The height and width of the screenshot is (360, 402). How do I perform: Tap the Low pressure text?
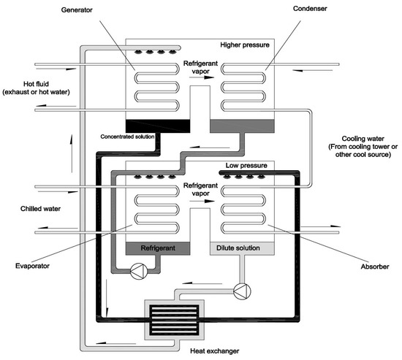243,166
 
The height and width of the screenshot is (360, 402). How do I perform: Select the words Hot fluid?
21,83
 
